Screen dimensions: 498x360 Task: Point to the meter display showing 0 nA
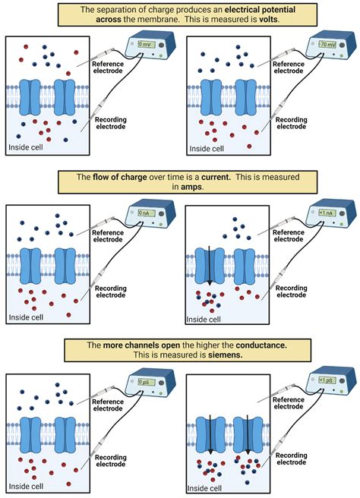click(x=144, y=213)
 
